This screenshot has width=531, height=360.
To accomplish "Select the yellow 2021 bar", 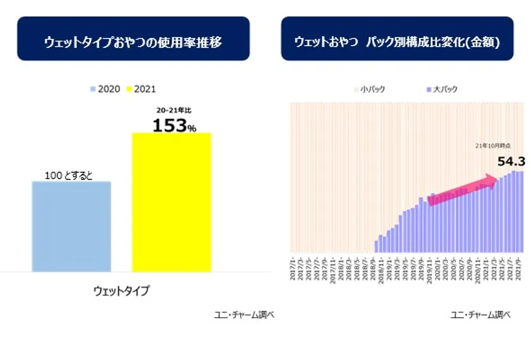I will coord(171,202).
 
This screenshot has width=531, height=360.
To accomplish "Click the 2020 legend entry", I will coord(104,90).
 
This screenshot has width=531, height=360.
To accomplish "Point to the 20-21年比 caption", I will coord(173,111).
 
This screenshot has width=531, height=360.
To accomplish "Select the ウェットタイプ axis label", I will coord(121,291).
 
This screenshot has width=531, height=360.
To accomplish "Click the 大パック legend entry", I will coord(442,90).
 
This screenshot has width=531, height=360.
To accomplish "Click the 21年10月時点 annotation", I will coord(491,145).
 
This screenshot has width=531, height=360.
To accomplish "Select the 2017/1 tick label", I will coord(292,268).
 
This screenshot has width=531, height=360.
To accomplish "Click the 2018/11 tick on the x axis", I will coord(381,268).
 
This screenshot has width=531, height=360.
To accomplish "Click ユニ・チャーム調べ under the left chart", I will coord(244,315).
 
